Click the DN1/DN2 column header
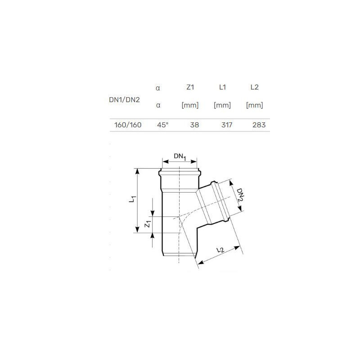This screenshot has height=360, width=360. (x=125, y=99)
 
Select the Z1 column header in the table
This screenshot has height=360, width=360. (x=190, y=87)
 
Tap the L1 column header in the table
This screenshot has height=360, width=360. (x=222, y=87)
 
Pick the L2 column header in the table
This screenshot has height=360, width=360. (x=255, y=87)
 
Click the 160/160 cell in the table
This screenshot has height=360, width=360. (x=128, y=125)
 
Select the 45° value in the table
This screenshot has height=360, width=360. (x=163, y=125)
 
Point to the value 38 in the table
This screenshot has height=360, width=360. (x=194, y=125)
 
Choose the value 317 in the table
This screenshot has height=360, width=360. (x=227, y=125)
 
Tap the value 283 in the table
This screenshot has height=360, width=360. (x=259, y=125)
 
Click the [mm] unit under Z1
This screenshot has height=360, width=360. (x=190, y=105)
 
